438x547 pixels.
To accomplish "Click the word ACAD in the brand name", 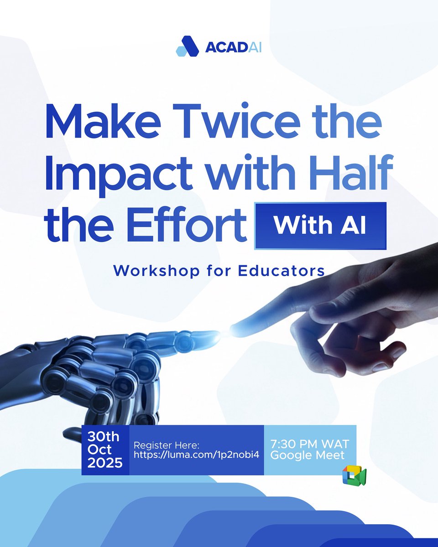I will click(221, 47).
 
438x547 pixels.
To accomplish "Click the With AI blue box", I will click(320, 226).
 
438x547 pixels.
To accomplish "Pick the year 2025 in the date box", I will click(105, 463).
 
